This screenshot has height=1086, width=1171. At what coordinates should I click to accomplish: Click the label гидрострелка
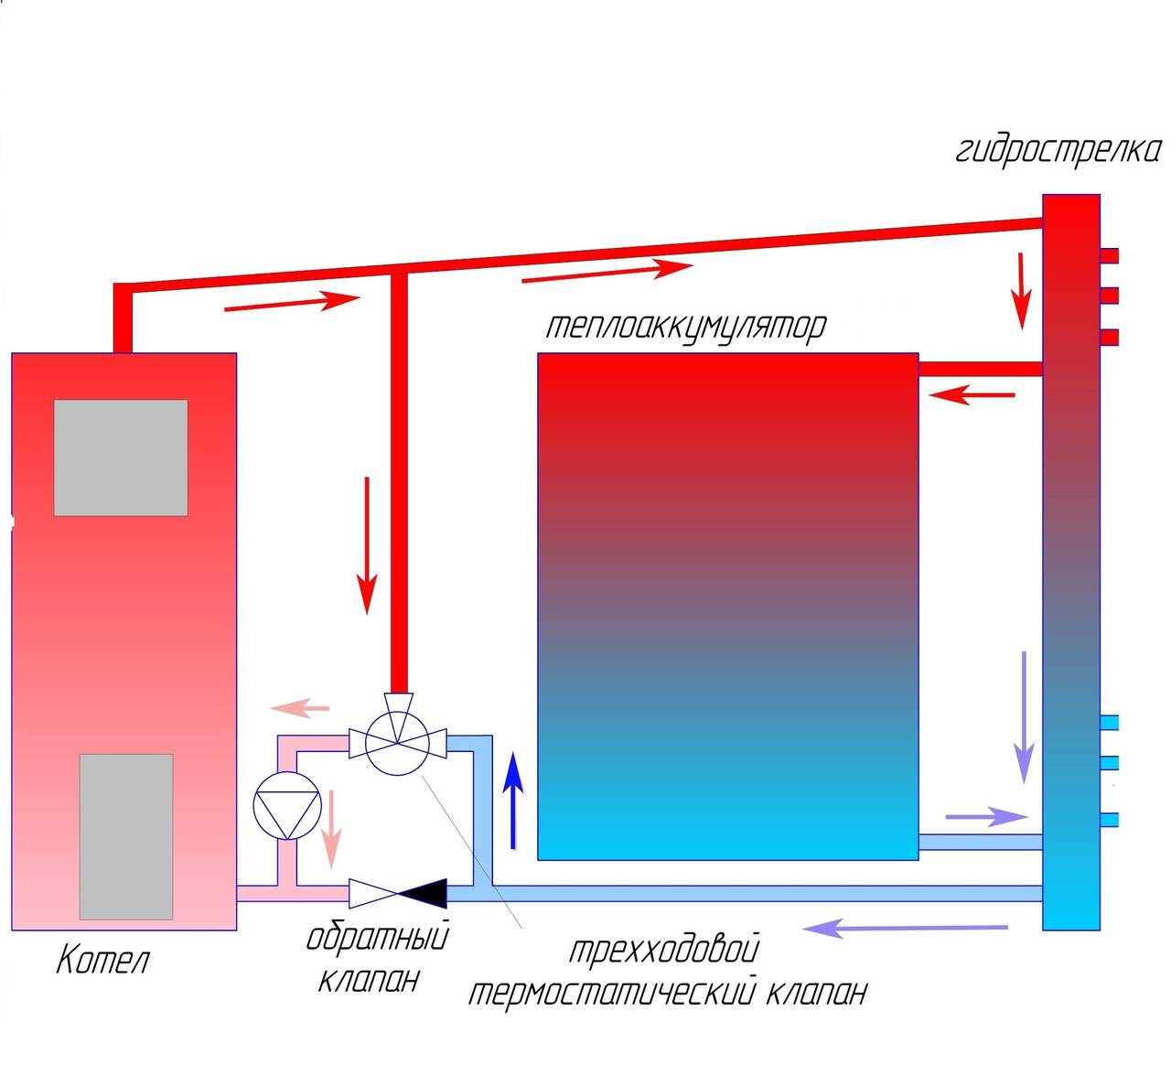[x=1058, y=152]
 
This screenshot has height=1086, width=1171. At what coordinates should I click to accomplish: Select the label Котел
[x=102, y=961]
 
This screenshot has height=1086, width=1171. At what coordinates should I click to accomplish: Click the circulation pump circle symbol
[x=287, y=806]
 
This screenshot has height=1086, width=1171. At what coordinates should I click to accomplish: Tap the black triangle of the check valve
[x=423, y=894]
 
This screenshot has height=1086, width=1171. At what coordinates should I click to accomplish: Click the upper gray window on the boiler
[x=121, y=457]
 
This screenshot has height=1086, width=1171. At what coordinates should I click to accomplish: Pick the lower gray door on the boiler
[x=126, y=836]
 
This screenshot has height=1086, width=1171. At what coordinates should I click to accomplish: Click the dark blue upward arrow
[x=513, y=801]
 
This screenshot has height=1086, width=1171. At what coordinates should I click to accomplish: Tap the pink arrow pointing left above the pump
[x=299, y=707]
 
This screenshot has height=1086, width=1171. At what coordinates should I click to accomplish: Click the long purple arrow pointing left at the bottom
[x=906, y=929]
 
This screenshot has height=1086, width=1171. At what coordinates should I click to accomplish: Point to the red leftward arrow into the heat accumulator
[x=972, y=394]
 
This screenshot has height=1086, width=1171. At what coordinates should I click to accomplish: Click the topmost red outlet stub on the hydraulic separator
[x=1109, y=255]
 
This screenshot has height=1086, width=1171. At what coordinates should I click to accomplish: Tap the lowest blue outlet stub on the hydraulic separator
[x=1109, y=821]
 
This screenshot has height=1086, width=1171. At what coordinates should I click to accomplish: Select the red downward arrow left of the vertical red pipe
[x=367, y=545]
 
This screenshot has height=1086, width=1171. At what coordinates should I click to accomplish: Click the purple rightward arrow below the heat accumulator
[x=987, y=816]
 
